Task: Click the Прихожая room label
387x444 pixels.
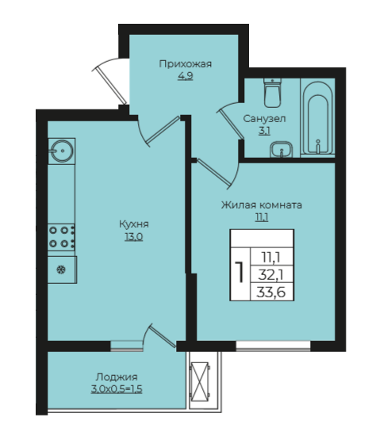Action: tap(186, 64)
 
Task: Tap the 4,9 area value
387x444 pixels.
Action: tap(186, 76)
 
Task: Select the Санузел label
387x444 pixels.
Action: tap(264, 119)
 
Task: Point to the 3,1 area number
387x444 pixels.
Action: tap(264, 131)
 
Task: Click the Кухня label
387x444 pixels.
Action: tap(134, 224)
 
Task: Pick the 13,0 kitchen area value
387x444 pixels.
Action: tap(134, 236)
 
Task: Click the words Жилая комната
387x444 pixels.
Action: tap(262, 205)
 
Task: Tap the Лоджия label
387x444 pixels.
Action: tap(117, 377)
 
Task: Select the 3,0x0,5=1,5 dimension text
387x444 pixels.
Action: tap(117, 389)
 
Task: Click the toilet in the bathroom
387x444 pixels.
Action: tap(273, 93)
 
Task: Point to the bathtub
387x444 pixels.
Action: tap(317, 117)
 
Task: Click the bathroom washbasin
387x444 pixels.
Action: tap(281, 150)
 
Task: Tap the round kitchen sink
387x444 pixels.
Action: tap(62, 151)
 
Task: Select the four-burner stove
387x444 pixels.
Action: tap(62, 237)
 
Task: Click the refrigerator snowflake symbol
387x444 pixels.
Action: tap(61, 270)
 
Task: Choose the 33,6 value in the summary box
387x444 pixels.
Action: tap(271, 292)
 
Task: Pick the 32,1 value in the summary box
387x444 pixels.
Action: tap(271, 274)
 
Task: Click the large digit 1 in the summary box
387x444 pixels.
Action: tap(240, 272)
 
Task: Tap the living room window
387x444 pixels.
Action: tap(273, 346)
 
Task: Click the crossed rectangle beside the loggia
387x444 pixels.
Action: tap(200, 381)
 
